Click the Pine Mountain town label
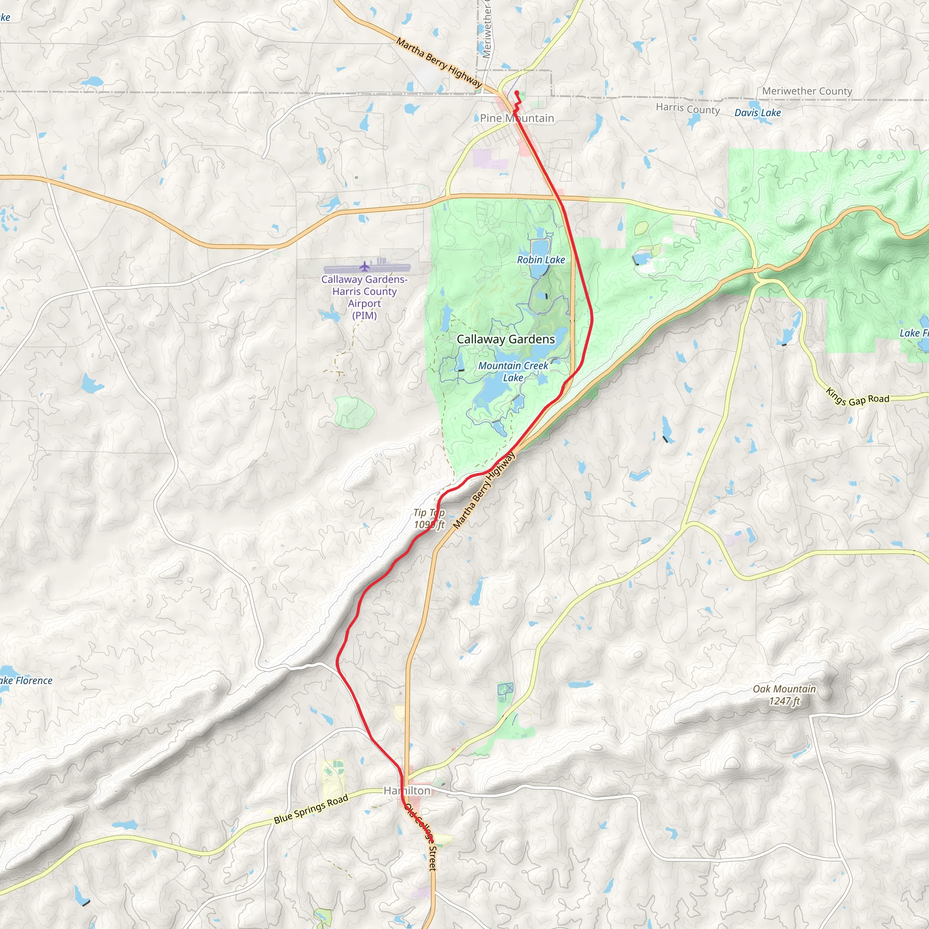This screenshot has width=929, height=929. point(517,118)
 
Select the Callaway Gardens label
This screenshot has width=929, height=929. point(505,339)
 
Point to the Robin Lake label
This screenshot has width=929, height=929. point(541,260)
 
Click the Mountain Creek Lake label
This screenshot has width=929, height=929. point(513,372)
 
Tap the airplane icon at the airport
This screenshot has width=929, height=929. point(365,266)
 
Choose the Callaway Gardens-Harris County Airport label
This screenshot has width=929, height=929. point(365,297)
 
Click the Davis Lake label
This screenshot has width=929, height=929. point(758,113)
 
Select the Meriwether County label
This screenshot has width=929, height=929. point(807,91)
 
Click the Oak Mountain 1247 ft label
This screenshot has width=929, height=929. point(784,695)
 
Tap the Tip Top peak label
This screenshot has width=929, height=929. point(429,518)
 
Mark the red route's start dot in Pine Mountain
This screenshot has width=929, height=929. point(516,93)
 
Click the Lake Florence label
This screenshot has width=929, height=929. point(26,681)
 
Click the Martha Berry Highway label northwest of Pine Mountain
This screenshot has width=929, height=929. point(439,63)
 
